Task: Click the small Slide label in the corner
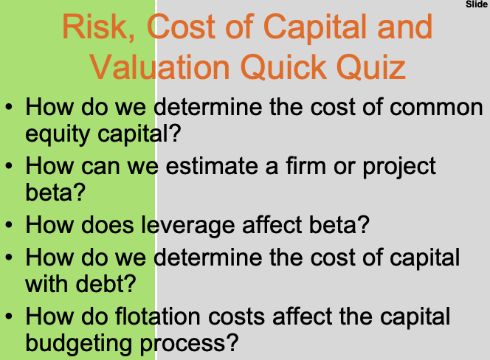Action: pos(477,4)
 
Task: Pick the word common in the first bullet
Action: pos(438,108)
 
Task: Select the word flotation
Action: pos(170,316)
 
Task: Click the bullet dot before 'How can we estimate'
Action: pos(9,167)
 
